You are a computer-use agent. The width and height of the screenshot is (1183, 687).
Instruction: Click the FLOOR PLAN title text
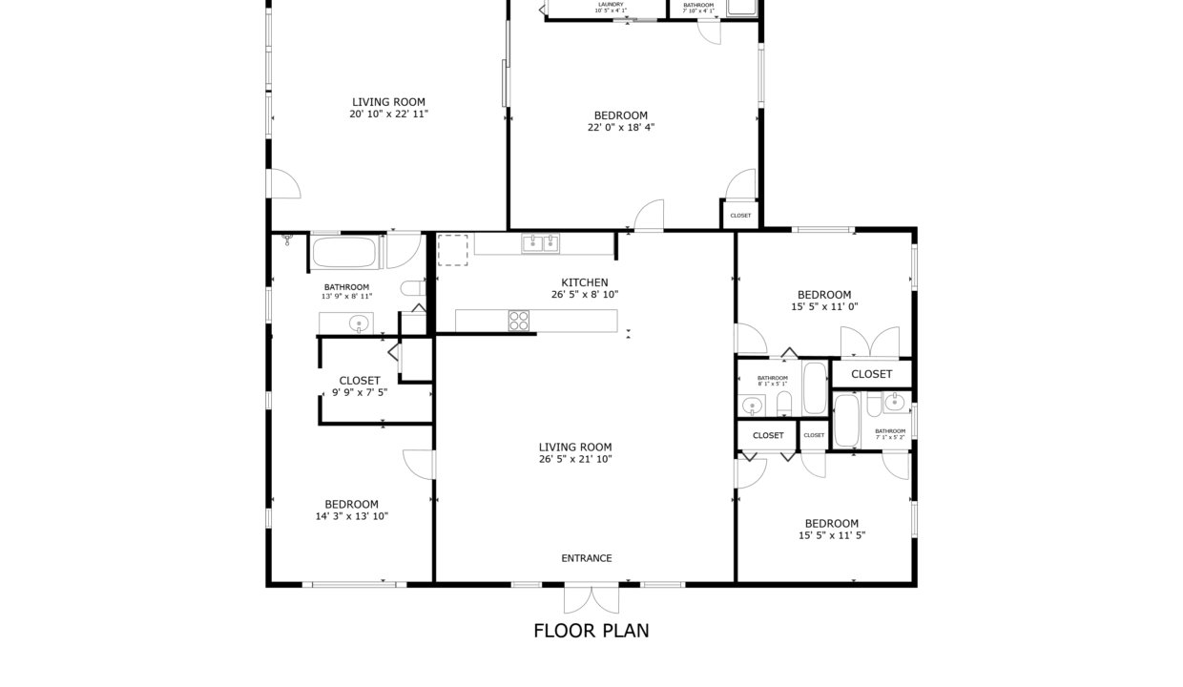point(591,631)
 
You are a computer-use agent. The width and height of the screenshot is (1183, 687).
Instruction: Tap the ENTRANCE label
point(587,558)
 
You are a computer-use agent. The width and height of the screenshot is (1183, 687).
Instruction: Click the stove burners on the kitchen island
point(518,321)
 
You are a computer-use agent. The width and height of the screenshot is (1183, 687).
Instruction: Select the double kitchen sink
point(540,244)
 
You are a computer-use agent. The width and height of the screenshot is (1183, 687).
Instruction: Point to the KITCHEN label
point(584,282)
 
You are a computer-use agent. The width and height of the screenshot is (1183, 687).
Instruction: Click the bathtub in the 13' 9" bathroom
point(344,254)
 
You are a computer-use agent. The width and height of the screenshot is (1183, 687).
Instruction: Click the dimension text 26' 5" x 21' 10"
point(574,459)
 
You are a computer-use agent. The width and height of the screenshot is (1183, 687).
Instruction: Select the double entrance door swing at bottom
point(591,599)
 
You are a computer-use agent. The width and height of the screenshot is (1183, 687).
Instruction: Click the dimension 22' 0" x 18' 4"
point(620,127)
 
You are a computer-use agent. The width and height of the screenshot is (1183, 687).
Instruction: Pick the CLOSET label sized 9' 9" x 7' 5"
point(360,381)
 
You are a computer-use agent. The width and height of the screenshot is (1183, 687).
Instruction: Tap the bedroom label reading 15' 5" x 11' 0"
point(824,295)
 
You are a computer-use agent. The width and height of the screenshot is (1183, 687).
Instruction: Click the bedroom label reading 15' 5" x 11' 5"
point(831,523)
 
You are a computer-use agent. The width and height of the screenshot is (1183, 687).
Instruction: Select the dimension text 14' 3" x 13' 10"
point(351,516)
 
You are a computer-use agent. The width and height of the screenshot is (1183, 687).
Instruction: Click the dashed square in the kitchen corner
point(452,250)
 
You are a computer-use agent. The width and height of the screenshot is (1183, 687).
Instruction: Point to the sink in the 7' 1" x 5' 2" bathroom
point(894,403)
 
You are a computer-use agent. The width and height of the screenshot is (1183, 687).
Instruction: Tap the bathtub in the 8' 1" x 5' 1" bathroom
point(814,386)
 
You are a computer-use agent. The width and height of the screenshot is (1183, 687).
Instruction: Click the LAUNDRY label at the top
point(611,5)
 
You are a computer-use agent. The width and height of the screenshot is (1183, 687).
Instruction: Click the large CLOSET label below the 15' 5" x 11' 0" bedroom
point(871,374)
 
